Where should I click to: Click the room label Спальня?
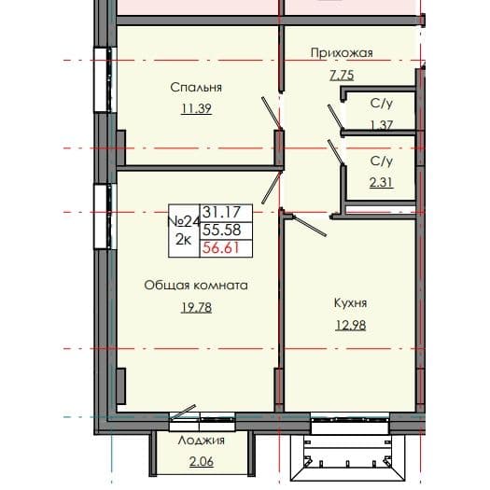coord(196,88)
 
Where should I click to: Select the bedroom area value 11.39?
coord(196,108)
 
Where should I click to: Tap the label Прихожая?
coord(342,53)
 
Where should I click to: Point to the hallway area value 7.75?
coord(342,74)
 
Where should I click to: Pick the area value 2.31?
coord(380,181)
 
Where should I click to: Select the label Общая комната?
coord(196,286)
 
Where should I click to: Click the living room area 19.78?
coord(196,306)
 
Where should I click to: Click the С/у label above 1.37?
coord(380,105)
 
